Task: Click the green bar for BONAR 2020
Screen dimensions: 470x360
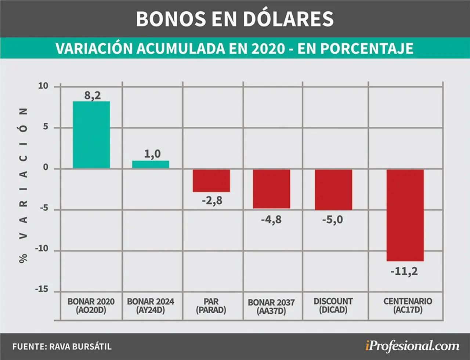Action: [91, 135]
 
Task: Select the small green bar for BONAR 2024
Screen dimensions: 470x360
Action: [151, 165]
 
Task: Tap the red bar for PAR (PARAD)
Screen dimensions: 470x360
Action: [211, 180]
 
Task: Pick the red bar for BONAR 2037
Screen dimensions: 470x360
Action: [271, 189]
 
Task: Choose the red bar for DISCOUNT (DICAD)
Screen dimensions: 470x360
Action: [333, 190]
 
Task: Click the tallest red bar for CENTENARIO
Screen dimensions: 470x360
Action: [405, 215]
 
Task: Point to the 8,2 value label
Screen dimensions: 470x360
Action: [93, 96]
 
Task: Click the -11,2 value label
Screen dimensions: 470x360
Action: [404, 271]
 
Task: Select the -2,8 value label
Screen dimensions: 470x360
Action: [212, 201]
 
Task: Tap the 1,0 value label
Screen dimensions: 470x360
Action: [152, 154]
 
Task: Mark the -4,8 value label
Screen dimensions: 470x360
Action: [271, 220]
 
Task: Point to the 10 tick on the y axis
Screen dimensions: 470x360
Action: [43, 86]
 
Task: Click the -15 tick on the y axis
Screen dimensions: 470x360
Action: [41, 289]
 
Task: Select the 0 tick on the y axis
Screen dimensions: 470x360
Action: [46, 167]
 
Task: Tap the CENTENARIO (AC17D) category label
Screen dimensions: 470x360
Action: [408, 306]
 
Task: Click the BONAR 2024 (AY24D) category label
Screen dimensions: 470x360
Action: [151, 306]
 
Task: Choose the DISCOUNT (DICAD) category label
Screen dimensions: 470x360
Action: [333, 306]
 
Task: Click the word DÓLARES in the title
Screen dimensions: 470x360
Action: [288, 19]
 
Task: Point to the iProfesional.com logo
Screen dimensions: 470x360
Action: [412, 346]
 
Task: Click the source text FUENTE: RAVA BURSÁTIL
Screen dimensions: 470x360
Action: [62, 346]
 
